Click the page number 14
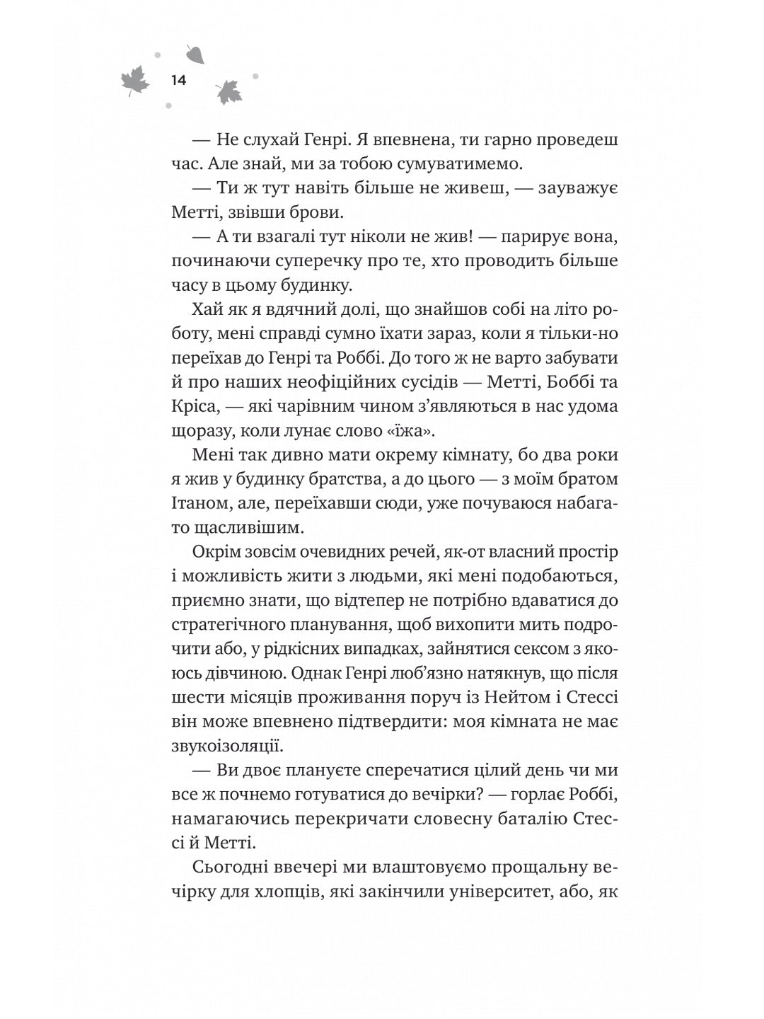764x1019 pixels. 178,81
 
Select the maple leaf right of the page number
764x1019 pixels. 228,91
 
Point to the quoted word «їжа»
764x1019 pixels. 423,431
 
